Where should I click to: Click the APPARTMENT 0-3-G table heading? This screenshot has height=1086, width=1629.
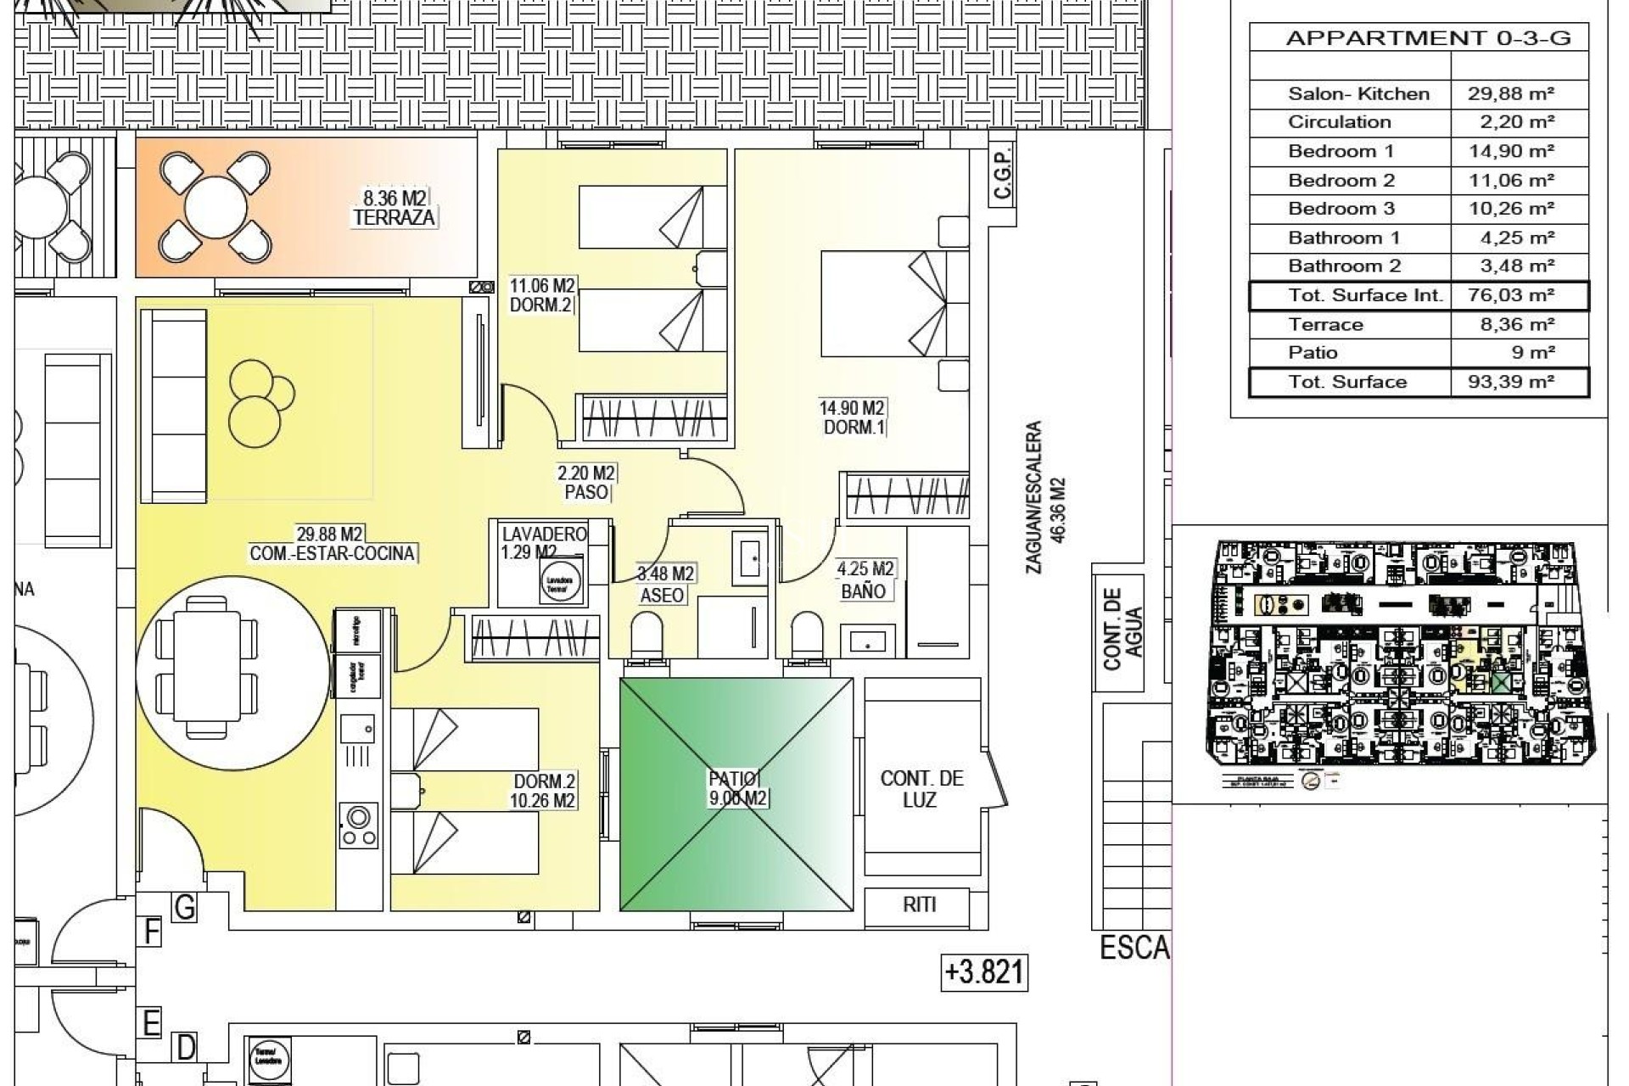point(1428,38)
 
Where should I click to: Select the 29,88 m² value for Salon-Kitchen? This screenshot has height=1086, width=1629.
point(1510,94)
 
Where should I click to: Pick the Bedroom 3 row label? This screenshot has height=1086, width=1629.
point(1341,209)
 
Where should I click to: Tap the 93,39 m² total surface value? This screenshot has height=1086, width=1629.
point(1510,382)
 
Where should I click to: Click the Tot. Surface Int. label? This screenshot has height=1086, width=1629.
point(1364,295)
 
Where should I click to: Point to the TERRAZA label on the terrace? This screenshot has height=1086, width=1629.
point(394,217)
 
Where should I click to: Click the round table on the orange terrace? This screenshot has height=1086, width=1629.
point(215,206)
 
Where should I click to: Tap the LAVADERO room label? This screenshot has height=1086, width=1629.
point(544,535)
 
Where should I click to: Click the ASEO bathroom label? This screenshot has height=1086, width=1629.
point(662,595)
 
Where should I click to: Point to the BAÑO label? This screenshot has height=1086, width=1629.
point(863,591)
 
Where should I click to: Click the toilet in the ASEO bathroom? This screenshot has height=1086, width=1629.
point(647,635)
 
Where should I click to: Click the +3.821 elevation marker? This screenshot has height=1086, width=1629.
point(984,972)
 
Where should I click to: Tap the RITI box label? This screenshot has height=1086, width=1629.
point(919,904)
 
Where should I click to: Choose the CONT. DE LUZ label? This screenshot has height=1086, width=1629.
point(921,789)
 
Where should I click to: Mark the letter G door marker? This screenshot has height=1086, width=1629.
point(184,908)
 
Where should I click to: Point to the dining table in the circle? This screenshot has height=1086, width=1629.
point(208,668)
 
